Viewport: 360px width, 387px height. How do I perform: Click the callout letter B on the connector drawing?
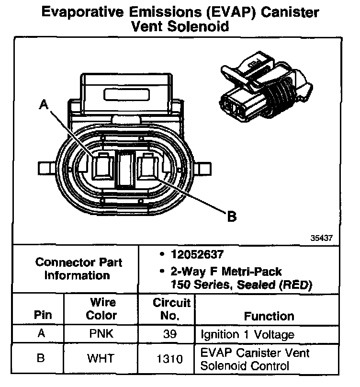[231, 216]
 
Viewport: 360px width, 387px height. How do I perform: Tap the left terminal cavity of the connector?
[102, 168]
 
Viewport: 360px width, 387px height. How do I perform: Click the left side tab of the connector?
[47, 168]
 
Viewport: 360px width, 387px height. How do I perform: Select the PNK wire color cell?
[102, 334]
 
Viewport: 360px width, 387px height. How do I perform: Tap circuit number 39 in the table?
[167, 334]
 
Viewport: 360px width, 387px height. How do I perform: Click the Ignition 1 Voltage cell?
[247, 334]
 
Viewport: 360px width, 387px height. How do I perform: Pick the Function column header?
[269, 316]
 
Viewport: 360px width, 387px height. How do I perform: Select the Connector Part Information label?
[79, 269]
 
